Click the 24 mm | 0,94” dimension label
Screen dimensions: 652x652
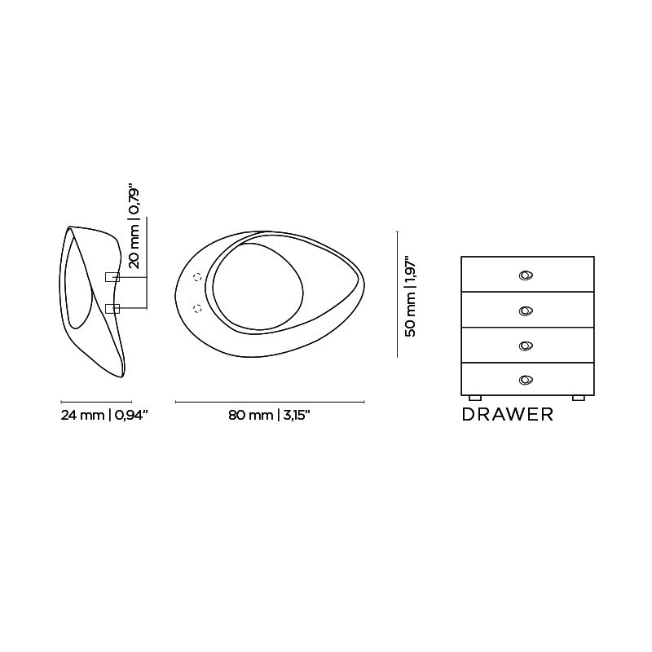coord(104,415)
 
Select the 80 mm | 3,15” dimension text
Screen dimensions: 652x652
coord(270,415)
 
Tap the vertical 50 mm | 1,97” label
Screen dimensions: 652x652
coord(411,296)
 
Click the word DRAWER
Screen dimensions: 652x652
coord(508,415)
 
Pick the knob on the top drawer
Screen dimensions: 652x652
coord(526,275)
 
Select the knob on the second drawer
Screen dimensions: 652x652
coord(526,311)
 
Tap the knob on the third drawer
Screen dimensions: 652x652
coord(526,346)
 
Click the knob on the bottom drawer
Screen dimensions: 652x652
coord(526,380)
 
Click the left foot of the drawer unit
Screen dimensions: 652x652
coord(475,398)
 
